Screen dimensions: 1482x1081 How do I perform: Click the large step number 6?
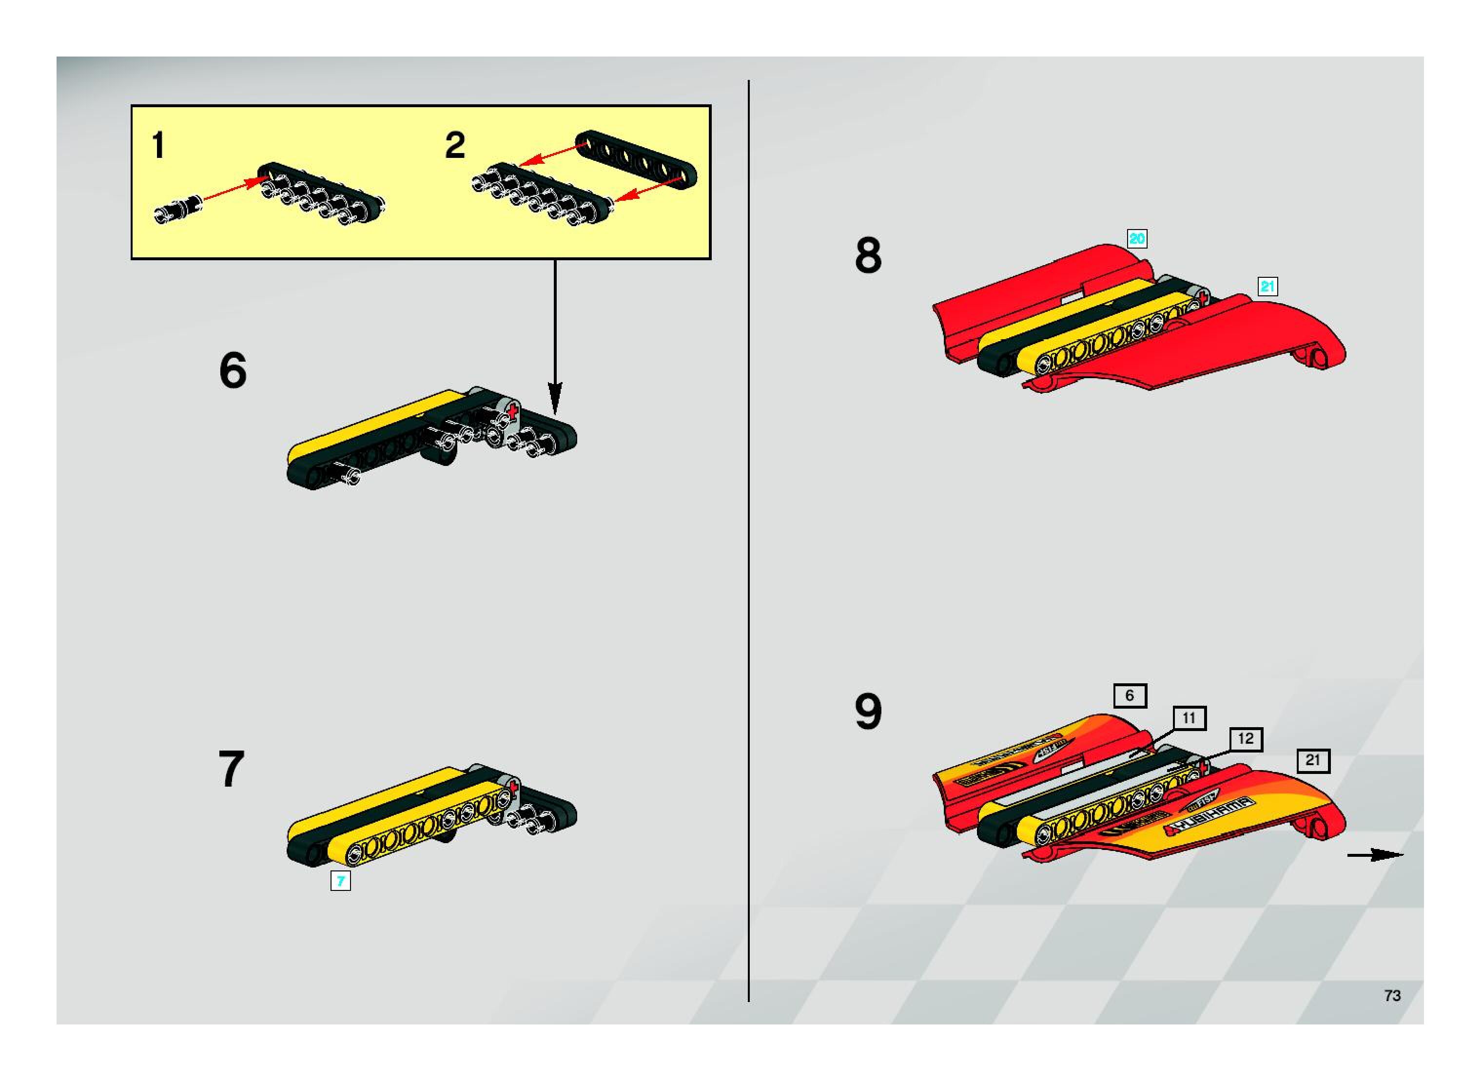coord(233,370)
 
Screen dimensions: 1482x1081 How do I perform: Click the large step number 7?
coord(231,769)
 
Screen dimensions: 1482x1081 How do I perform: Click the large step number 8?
coord(868,256)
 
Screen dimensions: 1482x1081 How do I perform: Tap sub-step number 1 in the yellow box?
coord(158,145)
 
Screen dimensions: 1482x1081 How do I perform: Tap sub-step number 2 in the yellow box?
coord(455,145)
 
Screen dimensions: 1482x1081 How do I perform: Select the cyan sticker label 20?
coord(1137,239)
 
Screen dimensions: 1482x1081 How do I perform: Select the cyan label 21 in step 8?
coord(1268,287)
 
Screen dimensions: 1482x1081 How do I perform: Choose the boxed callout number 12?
coord(1246,739)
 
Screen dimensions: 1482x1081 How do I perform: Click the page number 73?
coord(1392,996)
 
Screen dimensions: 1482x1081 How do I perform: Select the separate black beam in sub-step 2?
coord(636,158)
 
